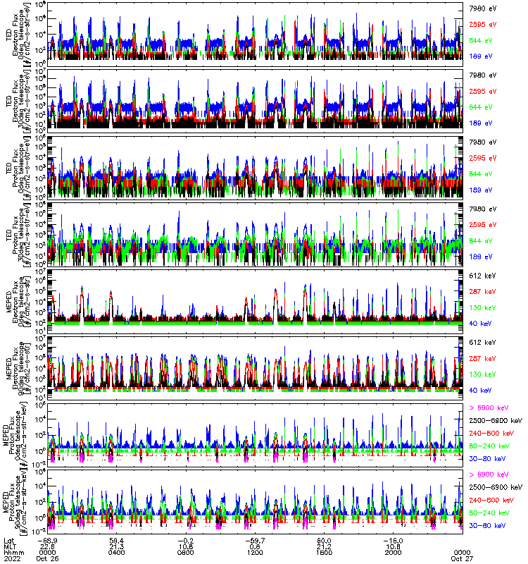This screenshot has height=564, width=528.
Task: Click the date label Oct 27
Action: coord(462,558)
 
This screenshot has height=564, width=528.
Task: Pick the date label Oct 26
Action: coord(47,558)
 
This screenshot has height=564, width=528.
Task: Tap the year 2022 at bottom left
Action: coord(11,558)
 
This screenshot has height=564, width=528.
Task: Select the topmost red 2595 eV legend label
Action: coord(482,24)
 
